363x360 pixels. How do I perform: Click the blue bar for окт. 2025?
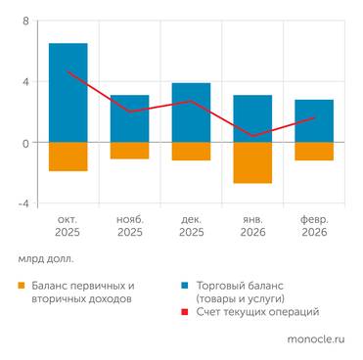tap(68, 93)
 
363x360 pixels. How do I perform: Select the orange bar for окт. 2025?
tap(68, 157)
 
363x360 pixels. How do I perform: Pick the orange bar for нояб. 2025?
tap(129, 151)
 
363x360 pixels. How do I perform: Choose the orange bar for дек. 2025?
tap(191, 152)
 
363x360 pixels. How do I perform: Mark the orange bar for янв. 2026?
tap(252, 162)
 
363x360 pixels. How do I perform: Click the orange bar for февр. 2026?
tap(314, 152)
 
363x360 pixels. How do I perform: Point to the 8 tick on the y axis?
tap(26, 21)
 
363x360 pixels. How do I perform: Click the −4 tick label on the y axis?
tap(23, 203)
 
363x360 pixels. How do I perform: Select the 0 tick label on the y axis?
tap(26, 143)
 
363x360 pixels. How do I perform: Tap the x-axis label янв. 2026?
tap(252, 227)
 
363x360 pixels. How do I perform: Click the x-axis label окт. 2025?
tap(68, 227)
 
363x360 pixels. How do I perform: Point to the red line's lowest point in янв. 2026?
tap(252, 136)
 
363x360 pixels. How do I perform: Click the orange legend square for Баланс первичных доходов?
tap(22, 286)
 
